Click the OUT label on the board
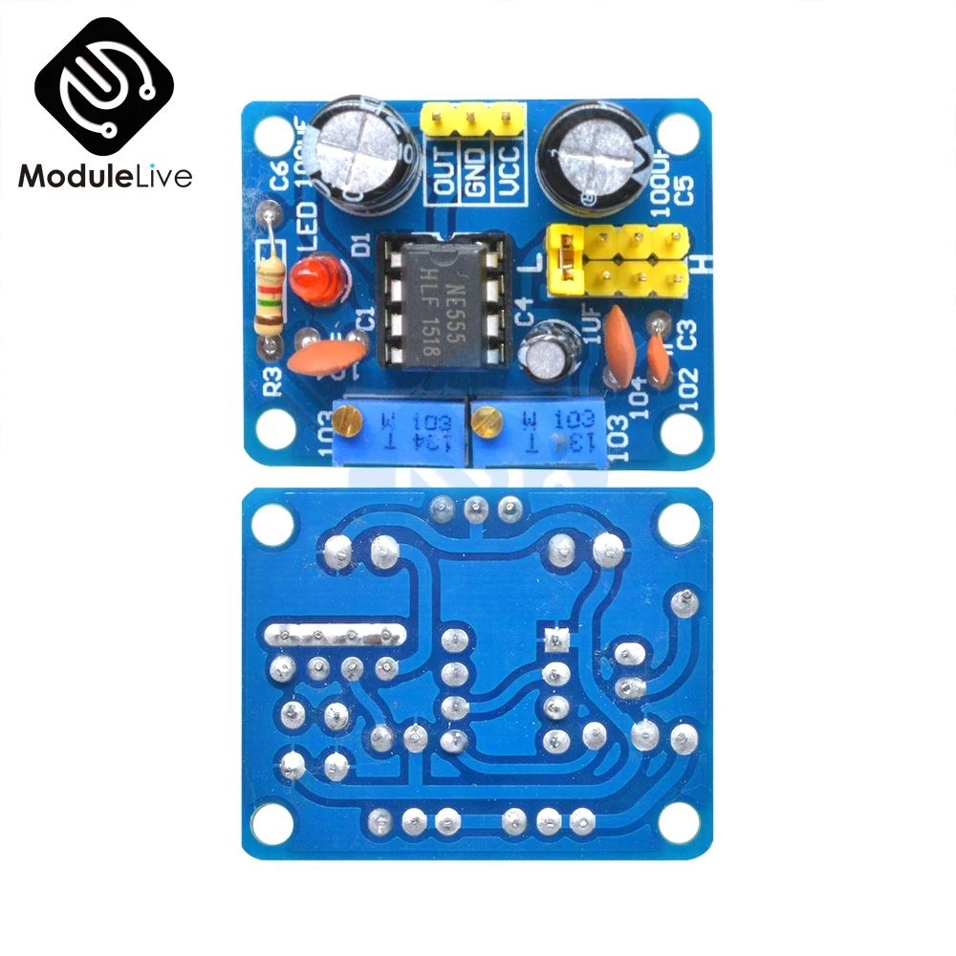click(x=445, y=170)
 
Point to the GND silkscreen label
click(x=474, y=170)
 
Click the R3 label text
click(x=272, y=380)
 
